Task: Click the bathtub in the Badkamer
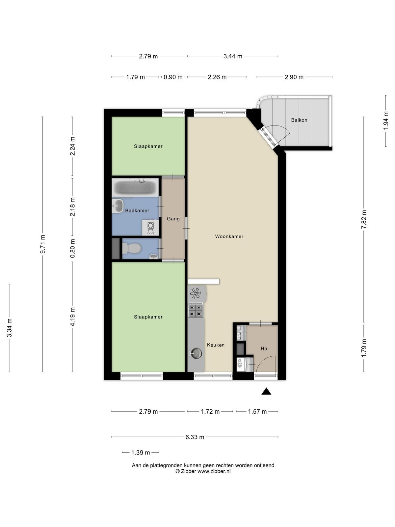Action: point(135,187)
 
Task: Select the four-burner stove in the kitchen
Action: point(196,310)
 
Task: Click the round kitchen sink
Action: point(196,353)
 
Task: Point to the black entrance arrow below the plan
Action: point(266,391)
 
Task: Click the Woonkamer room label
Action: point(229,236)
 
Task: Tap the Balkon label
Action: point(299,120)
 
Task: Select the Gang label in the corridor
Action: point(173,219)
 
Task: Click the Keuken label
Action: point(216,345)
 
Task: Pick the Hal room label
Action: point(265,348)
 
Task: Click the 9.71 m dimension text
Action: point(43,244)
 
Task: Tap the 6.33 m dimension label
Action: point(195,437)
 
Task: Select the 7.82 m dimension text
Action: point(364,219)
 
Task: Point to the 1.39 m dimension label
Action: point(141,453)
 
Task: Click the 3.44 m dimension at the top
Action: point(233,56)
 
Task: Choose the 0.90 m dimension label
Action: point(173,77)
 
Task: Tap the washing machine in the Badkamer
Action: point(150,227)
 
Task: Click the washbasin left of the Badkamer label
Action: point(118,206)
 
